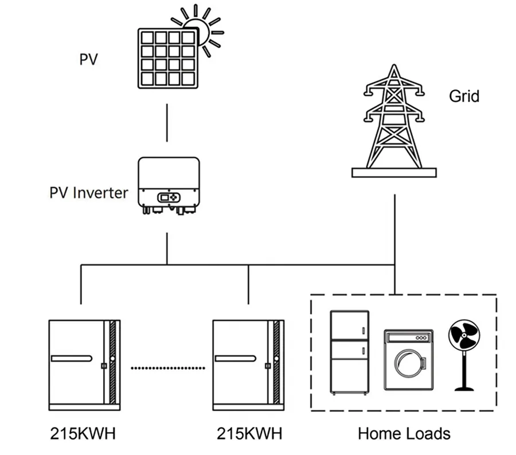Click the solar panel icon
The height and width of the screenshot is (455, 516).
167,59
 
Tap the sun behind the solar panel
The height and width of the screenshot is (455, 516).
203,29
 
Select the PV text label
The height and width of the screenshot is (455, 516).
88,59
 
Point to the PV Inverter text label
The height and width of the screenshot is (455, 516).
88,192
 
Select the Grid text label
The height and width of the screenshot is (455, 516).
464,96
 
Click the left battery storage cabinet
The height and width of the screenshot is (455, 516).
84,365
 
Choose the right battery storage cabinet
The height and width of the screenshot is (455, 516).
248,365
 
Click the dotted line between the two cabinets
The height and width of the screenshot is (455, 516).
167,367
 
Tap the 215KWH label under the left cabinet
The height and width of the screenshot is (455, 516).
83,433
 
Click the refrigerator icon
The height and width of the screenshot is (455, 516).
350,352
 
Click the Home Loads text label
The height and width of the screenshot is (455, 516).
404,433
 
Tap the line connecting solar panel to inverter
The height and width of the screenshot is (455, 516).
167,122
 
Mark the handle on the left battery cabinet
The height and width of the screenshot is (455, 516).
71,359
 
